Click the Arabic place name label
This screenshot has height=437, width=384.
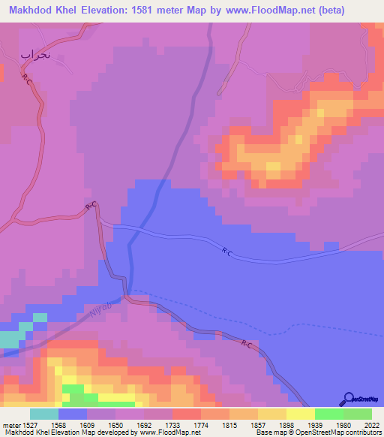[36, 54]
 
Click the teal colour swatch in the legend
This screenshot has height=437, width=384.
[43, 414]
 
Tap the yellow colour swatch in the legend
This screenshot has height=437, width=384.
[300, 414]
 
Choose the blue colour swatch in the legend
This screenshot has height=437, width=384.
[73, 414]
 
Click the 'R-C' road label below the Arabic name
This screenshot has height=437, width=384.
[27, 80]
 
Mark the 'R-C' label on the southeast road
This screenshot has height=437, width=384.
[247, 344]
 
